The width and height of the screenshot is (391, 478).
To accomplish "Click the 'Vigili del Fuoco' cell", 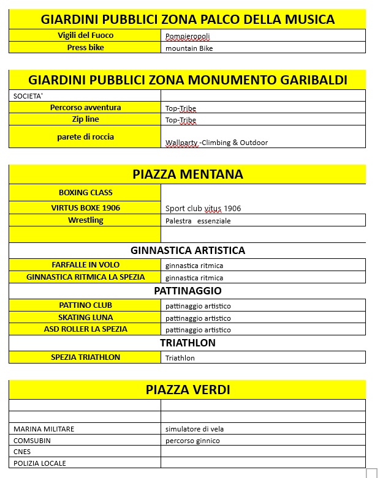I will pos(85,35).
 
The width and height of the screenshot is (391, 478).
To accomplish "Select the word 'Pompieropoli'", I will pos(188,36).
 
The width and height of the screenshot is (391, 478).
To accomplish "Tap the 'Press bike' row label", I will pos(85,47).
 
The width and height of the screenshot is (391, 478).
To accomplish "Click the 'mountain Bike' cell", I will pos(189,48).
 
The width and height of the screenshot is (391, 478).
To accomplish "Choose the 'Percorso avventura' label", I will pos(85,107).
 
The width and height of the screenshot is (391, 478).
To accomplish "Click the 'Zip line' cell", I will pos(85,119).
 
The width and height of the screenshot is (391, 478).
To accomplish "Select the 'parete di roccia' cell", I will pos(85,136).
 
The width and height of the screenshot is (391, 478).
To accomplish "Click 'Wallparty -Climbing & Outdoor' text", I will pos(216,143).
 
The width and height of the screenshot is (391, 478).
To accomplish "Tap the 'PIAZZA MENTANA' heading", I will pos(188,174).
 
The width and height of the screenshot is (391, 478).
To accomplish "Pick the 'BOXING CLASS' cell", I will pos(85,192).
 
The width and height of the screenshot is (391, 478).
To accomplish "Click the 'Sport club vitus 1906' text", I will pos(203,208).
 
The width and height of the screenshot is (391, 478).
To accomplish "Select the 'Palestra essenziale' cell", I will pos(198,221).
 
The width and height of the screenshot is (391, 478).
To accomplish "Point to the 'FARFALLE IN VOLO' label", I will pos(85,264).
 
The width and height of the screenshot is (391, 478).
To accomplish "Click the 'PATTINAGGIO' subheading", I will pos(188,291).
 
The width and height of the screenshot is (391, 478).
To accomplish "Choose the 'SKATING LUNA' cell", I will pos(85,317).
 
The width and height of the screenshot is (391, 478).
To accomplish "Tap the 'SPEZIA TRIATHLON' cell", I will pos(85,357).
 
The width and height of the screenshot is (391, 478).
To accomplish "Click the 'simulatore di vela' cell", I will pos(194,429).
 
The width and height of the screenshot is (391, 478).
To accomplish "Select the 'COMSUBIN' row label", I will pos(32,440).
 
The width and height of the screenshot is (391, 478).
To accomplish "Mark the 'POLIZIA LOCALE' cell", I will pos(39,463).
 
